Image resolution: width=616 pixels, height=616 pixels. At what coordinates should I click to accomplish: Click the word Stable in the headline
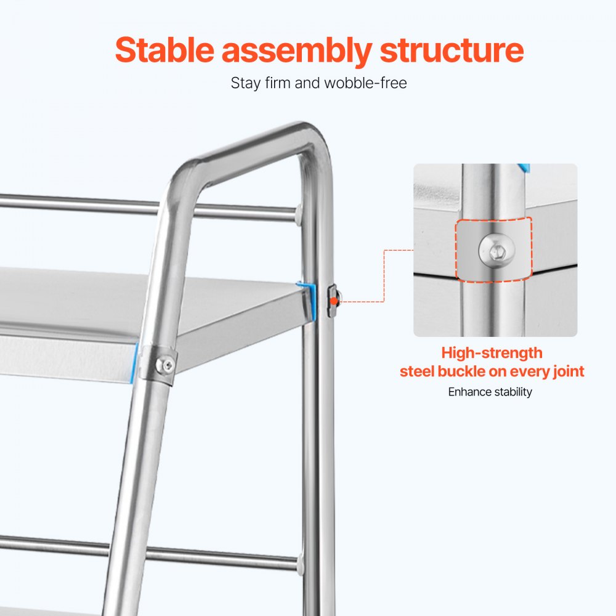click(164, 50)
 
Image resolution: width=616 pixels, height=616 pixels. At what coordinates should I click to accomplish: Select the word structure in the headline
click(452, 51)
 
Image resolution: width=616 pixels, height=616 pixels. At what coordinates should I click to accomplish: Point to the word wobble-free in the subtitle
click(365, 83)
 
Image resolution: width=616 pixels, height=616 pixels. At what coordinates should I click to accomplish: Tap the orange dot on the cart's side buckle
click(333, 301)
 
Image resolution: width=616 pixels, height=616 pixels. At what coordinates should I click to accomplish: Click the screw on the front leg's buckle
click(166, 365)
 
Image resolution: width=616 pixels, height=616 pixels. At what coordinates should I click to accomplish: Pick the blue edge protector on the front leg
click(134, 362)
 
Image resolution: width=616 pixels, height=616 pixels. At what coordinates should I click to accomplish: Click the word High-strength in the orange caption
click(492, 353)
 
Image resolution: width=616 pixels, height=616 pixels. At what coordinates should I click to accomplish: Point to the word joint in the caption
click(569, 372)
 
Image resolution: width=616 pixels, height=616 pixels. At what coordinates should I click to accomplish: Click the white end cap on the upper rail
click(299, 214)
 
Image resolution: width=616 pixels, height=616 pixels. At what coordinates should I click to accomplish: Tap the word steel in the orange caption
click(417, 371)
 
